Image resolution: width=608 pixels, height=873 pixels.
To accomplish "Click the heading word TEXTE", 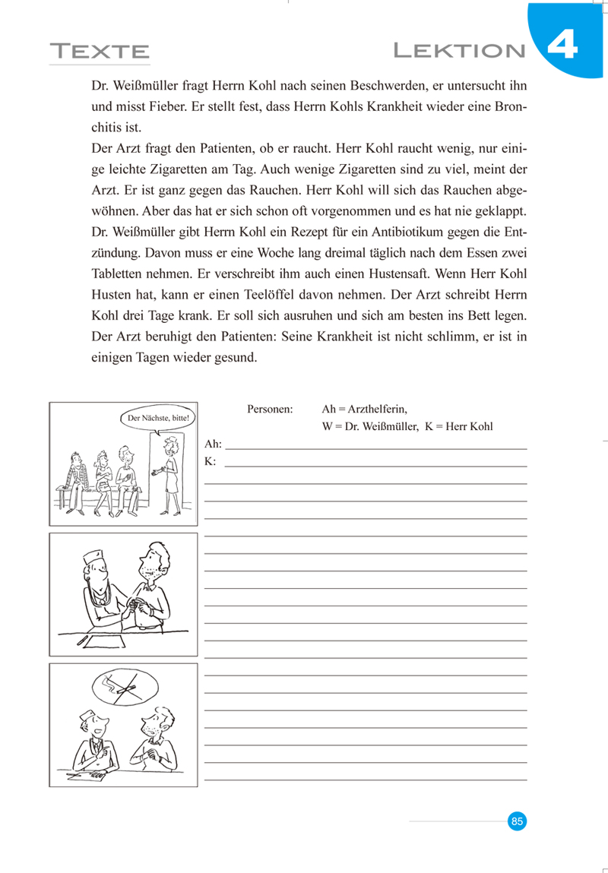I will click(100, 52).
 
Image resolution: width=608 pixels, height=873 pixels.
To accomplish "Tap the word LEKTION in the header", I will click(460, 51).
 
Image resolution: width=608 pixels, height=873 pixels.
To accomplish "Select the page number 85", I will click(517, 821).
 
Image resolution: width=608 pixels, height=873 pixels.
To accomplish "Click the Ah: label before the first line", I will click(213, 444).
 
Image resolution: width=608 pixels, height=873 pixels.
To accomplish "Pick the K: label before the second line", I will click(211, 461).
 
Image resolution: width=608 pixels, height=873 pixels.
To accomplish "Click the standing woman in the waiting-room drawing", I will click(170, 473).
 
